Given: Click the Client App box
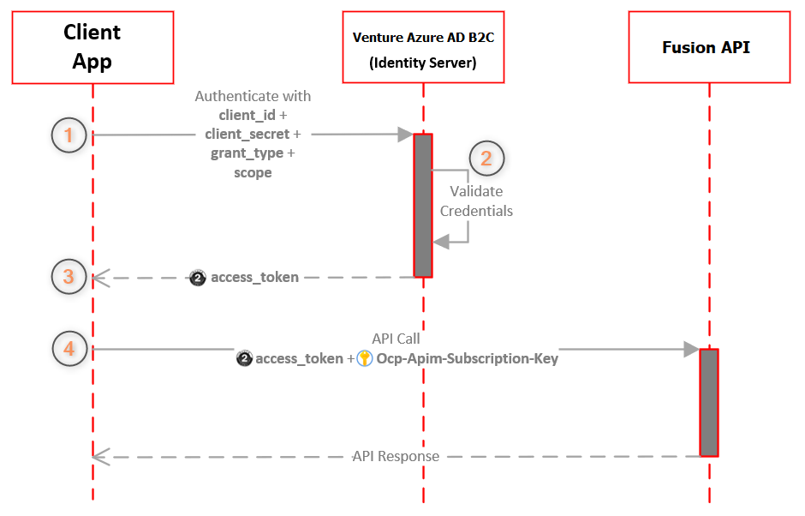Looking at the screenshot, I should (92, 47).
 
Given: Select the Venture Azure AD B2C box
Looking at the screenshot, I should (423, 48).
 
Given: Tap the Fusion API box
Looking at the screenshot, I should (708, 47).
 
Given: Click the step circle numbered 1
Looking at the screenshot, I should (69, 135).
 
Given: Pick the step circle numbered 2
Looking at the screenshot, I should (486, 159).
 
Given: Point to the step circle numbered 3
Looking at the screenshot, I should (69, 277).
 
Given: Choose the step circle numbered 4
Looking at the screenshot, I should (69, 349).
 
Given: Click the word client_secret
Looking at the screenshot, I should (247, 135).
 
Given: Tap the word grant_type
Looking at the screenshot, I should (247, 153).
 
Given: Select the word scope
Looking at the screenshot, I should (253, 172).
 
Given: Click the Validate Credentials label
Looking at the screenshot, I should (476, 201).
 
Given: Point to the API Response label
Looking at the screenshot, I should (396, 456).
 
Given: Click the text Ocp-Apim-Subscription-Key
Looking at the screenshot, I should (468, 359).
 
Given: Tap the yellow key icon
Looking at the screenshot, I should (364, 359).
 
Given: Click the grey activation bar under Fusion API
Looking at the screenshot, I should (708, 402).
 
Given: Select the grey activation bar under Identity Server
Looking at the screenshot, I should (423, 205).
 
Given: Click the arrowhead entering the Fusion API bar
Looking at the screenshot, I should (690, 349).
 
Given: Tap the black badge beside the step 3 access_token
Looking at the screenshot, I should (198, 278).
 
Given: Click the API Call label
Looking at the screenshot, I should (396, 339).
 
